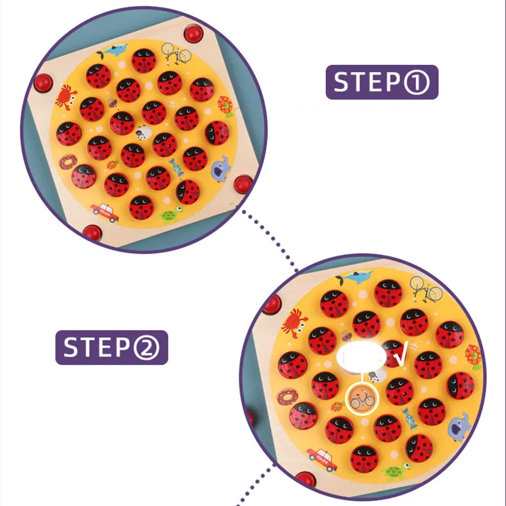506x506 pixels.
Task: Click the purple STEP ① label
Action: point(382,82)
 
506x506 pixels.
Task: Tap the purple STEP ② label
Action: point(112,347)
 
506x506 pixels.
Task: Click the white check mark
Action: point(402,355)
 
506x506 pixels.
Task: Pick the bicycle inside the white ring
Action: point(362,400)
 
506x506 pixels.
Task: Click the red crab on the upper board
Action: point(66,97)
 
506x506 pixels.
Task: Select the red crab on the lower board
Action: point(294,323)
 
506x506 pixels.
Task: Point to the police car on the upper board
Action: point(105,212)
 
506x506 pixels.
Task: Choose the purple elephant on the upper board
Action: point(221,168)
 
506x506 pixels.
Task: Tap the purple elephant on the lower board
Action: point(459,426)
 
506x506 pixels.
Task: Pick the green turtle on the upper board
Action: point(171,214)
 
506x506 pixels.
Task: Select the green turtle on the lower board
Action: point(396,472)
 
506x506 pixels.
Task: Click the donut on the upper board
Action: point(68,162)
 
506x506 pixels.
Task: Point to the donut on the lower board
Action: point(287,397)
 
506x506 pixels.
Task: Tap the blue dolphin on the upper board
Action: point(112,51)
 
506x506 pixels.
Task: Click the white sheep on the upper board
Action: point(143,133)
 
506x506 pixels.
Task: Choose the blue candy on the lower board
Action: point(409,418)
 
